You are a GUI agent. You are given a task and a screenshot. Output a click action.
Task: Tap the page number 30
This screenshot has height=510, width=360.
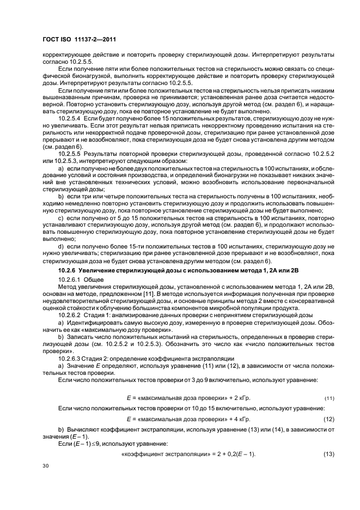pyautogui.click(x=46, y=466)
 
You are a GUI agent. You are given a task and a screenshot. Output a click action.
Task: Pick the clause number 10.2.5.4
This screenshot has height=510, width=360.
pyautogui.click(x=70, y=117)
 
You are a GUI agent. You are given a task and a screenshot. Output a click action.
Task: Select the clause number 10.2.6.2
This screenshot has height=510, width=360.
pyautogui.click(x=70, y=315)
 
